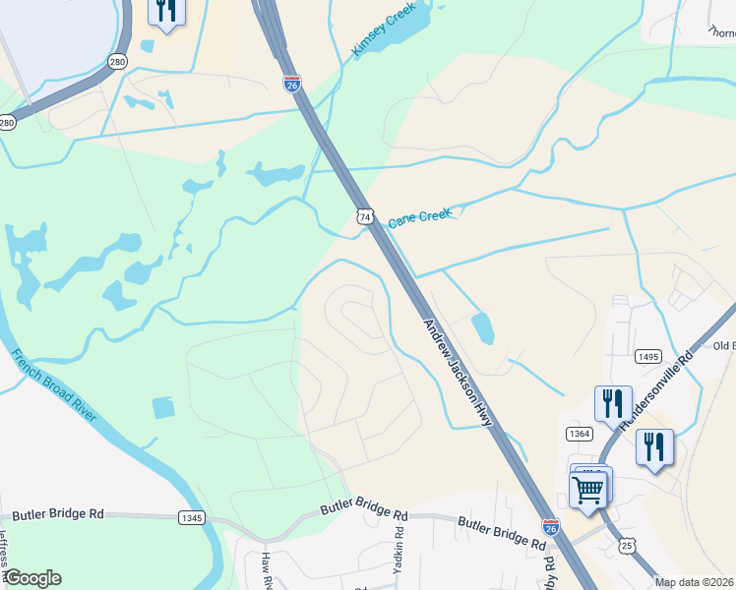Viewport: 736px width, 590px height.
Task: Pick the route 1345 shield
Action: [x=191, y=517]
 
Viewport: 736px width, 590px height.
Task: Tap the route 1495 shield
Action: [x=647, y=356]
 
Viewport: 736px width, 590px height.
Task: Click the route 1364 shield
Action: [x=579, y=433]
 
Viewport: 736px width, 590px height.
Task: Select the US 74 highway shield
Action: [x=364, y=215]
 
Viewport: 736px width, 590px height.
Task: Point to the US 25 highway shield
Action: [x=627, y=544]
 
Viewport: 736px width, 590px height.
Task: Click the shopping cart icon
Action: [x=588, y=488]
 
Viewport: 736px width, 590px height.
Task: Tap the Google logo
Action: [x=32, y=578]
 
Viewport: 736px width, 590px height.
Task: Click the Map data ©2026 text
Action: [x=695, y=582]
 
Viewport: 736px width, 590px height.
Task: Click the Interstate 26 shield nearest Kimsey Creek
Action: [x=292, y=85]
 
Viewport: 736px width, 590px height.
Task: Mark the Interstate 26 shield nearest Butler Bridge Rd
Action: [x=551, y=527]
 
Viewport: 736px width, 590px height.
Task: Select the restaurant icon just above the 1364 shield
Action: [x=613, y=403]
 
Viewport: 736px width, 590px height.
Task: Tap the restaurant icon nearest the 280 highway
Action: [x=166, y=11]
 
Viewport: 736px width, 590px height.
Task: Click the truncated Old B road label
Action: [x=723, y=345]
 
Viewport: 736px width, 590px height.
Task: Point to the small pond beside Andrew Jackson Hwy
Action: [x=482, y=327]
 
